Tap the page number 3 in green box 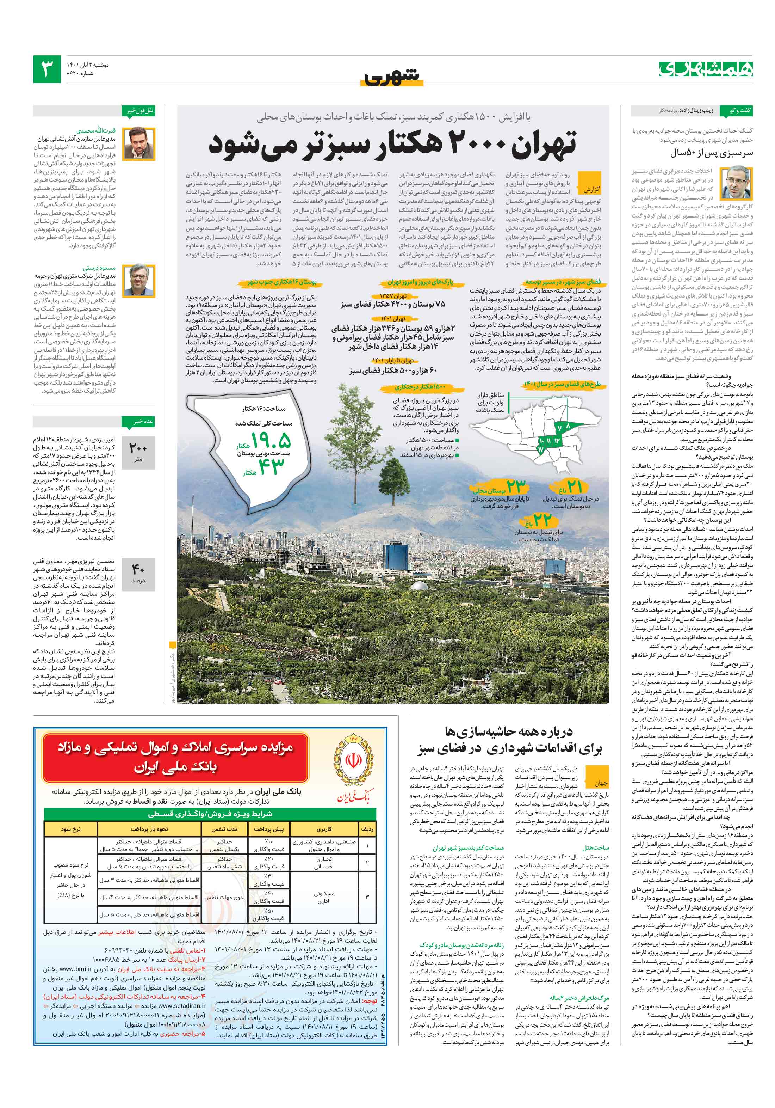tap(47, 69)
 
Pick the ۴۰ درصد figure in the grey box tap(138, 569)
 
